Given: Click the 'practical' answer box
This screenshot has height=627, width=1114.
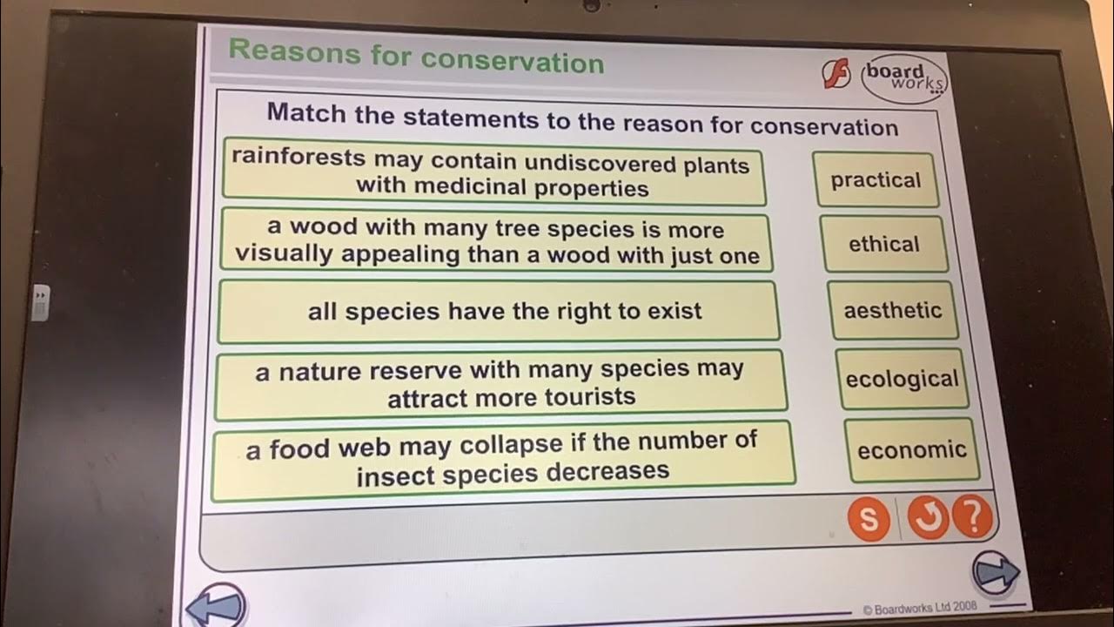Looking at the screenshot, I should (x=876, y=180).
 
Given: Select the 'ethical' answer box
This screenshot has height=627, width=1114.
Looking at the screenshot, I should (x=883, y=244).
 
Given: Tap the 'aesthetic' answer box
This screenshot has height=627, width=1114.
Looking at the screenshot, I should (x=892, y=310).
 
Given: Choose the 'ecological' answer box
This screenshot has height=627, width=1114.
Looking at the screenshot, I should (x=902, y=380).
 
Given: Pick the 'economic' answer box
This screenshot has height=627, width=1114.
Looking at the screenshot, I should (x=911, y=450).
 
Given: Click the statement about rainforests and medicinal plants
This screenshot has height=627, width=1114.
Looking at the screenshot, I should (x=493, y=174).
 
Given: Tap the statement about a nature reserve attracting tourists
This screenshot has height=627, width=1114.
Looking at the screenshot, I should (x=500, y=383).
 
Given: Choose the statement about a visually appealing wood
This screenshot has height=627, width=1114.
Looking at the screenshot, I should (x=495, y=241).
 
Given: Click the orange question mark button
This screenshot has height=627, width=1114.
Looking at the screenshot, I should (x=972, y=517).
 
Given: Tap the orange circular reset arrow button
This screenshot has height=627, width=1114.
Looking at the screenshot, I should (x=928, y=518).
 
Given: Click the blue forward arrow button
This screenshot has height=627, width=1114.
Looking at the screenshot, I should (x=996, y=572).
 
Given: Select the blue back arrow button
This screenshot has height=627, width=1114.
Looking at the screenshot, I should (x=215, y=606).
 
